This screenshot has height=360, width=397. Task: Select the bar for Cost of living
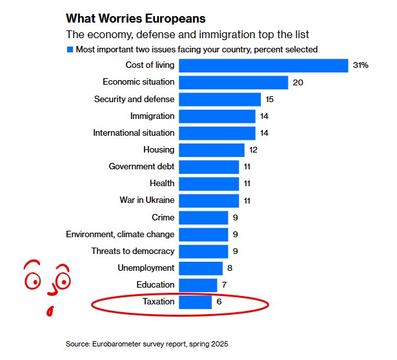tap(263, 65)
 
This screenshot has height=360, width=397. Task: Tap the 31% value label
tap(360, 65)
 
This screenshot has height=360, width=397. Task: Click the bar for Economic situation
tap(233, 82)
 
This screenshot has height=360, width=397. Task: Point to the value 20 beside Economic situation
tap(298, 82)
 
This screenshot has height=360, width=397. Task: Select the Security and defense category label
tap(134, 99)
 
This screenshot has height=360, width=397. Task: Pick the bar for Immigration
tap(217, 116)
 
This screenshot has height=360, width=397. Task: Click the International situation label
tap(134, 132)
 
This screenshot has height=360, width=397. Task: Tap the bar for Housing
tap(211, 150)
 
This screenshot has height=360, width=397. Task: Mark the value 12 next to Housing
tap(254, 150)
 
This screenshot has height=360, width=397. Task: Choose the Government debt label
tap(141, 167)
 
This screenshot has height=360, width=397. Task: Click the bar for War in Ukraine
tap(209, 200)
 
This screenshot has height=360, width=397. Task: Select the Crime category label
tap(163, 217)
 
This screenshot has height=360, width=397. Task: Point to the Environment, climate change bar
tap(203, 234)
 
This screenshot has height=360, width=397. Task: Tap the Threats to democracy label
tap(132, 251)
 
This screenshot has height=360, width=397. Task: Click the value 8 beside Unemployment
tap(230, 268)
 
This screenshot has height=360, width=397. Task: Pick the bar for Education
tap(198, 285)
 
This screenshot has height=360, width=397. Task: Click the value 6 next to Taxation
tap(219, 302)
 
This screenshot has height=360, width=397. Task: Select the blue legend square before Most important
tap(70, 49)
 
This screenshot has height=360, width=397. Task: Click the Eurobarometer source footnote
tap(147, 344)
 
